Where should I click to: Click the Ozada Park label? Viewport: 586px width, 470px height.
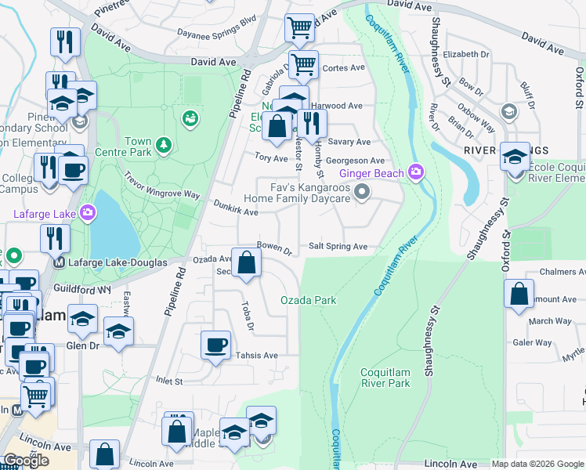click(308, 300)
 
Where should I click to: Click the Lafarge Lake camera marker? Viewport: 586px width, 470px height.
click(88, 212)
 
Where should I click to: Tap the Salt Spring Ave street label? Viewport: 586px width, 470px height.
click(338, 247)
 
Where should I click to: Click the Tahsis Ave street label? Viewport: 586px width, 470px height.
click(257, 355)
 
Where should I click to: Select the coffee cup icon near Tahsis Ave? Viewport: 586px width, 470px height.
click(215, 345)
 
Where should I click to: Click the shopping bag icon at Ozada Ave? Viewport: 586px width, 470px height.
click(247, 264)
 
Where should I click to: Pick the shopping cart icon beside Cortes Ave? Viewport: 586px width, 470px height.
click(302, 64)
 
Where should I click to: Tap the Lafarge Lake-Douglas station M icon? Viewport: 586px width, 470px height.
click(58, 262)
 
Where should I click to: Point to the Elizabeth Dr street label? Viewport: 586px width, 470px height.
click(465, 55)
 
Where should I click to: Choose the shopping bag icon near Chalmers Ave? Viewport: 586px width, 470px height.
click(519, 296)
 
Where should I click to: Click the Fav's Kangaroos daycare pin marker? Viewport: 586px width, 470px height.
click(361, 191)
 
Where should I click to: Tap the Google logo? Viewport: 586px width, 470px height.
click(26, 461)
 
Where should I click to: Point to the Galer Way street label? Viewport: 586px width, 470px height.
click(532, 342)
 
